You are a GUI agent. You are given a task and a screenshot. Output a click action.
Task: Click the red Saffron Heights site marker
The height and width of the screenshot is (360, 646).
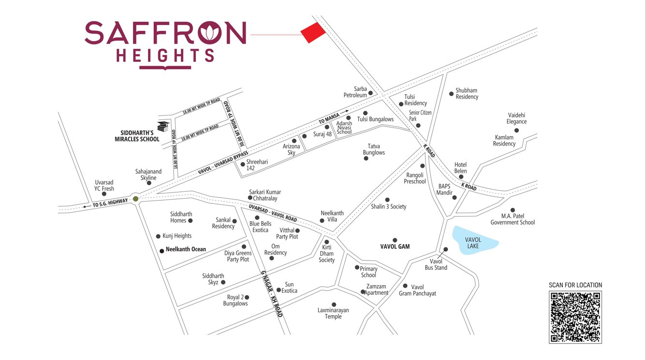(313, 33)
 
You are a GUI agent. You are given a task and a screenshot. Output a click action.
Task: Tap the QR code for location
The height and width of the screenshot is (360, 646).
(575, 317)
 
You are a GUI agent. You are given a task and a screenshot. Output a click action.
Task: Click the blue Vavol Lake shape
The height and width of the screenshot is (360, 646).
(474, 240)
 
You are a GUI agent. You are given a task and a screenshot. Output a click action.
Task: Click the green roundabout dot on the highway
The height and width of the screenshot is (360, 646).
(136, 199)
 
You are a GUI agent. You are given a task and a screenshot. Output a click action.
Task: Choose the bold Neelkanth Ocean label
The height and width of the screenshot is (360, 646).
(186, 249)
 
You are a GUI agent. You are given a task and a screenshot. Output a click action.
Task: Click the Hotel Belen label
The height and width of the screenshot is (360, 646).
(460, 168)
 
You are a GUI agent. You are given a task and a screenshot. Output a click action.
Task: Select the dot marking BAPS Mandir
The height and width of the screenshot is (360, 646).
(454, 197)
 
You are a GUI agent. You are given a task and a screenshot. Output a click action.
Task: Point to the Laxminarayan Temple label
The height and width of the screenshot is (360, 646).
(333, 313)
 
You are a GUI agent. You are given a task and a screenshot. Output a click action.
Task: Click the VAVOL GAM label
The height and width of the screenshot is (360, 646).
(395, 246)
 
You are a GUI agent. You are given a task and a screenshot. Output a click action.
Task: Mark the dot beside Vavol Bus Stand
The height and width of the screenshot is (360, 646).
(446, 249)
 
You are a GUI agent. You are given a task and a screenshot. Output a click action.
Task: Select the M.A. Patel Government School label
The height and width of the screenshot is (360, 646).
(513, 219)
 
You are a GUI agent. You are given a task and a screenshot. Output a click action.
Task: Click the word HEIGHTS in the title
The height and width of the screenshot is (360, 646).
(165, 56)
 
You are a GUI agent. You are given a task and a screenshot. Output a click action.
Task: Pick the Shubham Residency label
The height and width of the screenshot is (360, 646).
(467, 93)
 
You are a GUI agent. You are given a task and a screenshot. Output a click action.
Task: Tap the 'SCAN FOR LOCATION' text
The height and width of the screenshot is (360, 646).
(575, 285)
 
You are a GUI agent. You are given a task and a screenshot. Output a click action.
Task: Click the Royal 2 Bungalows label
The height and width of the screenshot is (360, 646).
(235, 300)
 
